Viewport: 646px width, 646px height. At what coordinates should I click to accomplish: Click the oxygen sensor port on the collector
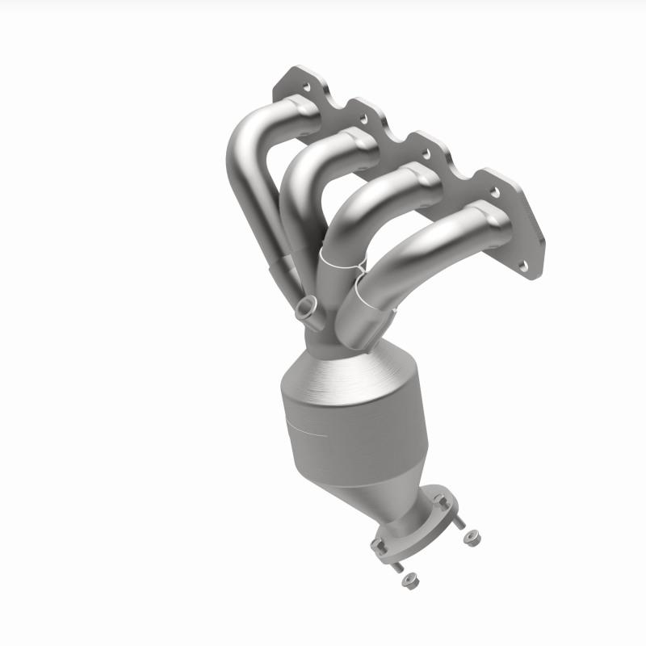click(x=306, y=308)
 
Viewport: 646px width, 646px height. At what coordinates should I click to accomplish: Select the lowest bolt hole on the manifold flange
click(x=526, y=264)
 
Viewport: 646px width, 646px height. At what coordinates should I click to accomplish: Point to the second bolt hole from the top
click(x=363, y=118)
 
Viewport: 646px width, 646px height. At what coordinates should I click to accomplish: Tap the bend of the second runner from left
click(x=303, y=170)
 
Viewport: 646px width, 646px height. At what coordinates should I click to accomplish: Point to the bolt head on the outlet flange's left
click(x=378, y=546)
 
